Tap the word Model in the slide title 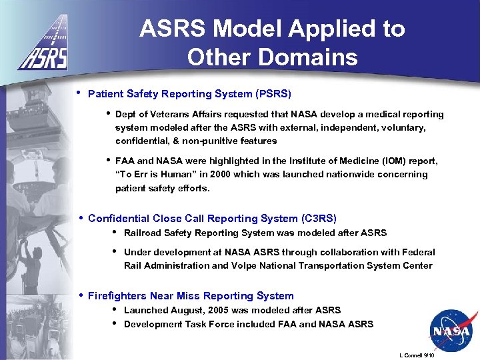coord(254,29)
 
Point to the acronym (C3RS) coord(319,219)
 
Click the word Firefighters coord(119,296)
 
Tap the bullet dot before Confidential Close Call coord(79,218)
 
